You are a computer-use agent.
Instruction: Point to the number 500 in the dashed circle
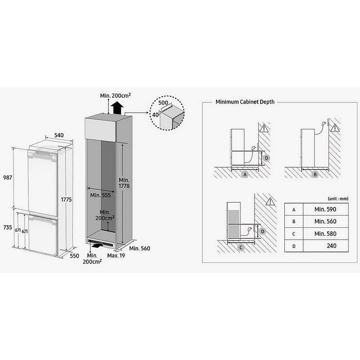coord(163,102)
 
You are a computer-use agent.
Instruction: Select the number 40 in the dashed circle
coord(155,115)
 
